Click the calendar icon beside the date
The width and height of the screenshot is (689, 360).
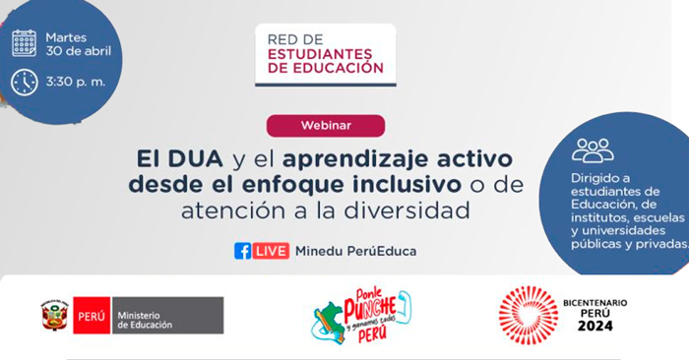[25, 43]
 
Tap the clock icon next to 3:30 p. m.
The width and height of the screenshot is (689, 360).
[25, 82]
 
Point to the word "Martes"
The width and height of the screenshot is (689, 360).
[66, 37]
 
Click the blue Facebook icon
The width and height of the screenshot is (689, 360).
[242, 251]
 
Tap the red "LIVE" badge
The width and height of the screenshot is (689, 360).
[272, 251]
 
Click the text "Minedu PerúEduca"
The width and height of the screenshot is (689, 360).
[355, 251]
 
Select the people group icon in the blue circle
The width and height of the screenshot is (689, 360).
[593, 150]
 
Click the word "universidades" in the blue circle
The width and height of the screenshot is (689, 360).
[619, 229]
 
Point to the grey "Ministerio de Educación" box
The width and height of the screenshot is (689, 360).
[167, 316]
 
